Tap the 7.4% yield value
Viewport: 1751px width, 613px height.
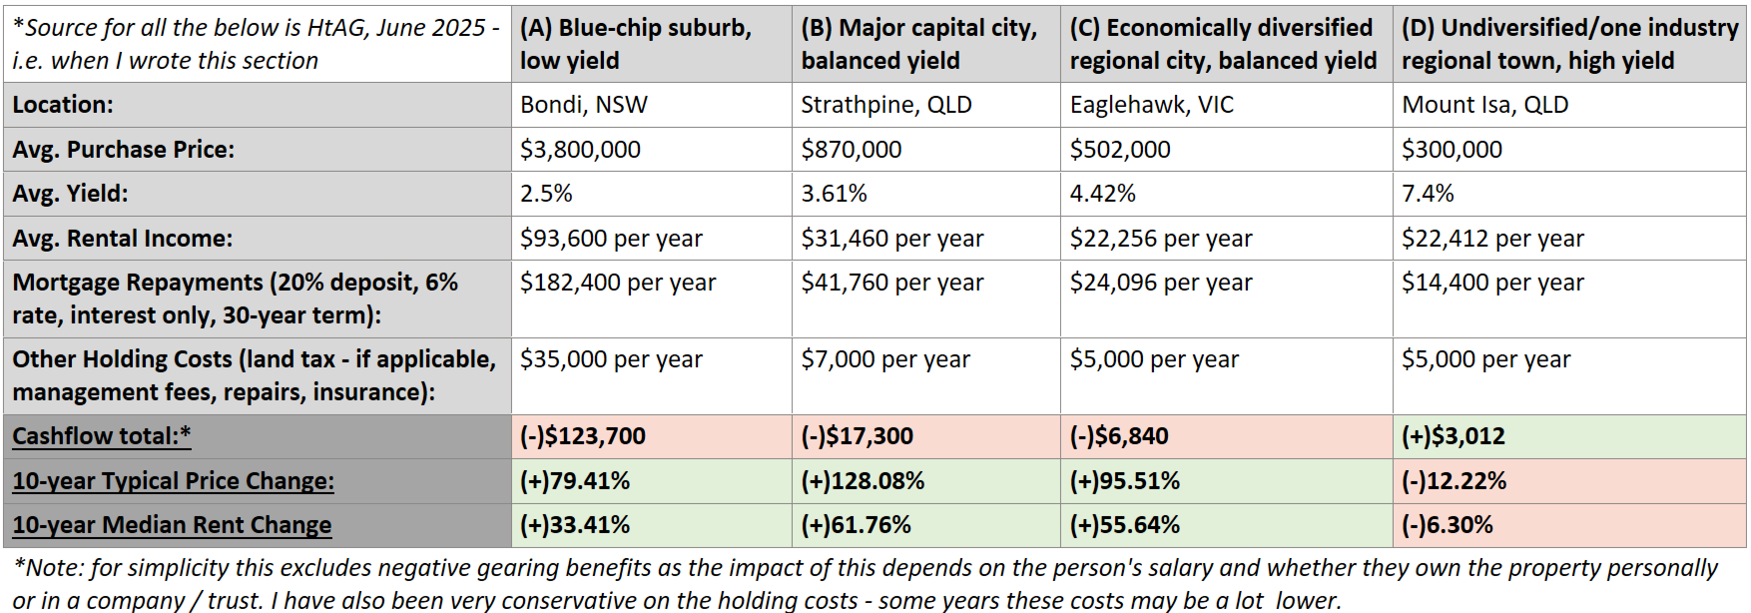coord(1428,194)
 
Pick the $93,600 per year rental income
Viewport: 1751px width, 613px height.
coord(611,239)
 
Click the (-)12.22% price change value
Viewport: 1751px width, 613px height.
coord(1454,481)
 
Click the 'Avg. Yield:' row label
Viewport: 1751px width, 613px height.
coord(70,194)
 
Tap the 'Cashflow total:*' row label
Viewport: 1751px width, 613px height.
coord(102,436)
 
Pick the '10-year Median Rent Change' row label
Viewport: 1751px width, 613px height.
coord(172,525)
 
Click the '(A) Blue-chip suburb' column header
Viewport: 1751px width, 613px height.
coord(636,28)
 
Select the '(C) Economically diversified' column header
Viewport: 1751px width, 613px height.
coord(1222,28)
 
